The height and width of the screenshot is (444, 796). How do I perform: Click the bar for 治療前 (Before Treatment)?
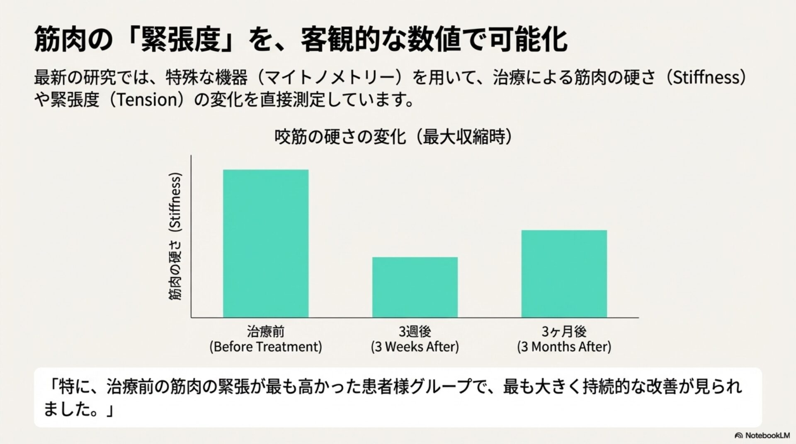tap(266, 244)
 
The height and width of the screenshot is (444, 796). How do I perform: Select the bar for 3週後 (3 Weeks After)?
tap(415, 287)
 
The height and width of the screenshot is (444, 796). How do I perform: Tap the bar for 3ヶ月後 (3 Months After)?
tap(564, 274)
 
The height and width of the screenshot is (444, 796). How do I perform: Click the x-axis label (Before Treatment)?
tap(266, 347)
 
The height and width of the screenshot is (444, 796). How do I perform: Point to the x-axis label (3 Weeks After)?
tap(415, 347)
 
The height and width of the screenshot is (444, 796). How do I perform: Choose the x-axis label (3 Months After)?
tap(564, 347)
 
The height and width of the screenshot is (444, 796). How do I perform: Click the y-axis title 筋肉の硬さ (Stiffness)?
tap(176, 237)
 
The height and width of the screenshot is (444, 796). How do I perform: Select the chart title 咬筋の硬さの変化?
tap(340, 137)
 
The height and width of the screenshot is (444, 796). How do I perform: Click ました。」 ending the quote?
tap(79, 410)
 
